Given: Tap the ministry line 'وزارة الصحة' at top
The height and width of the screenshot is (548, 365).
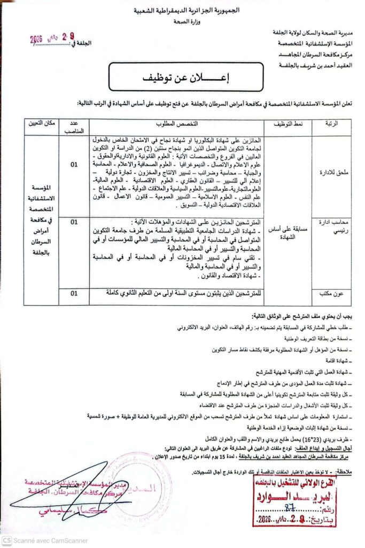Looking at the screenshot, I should click(184, 22).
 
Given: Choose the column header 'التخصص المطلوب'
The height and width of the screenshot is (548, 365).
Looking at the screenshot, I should click(183, 124).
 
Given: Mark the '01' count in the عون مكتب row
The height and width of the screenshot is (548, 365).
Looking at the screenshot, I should click(74, 293).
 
